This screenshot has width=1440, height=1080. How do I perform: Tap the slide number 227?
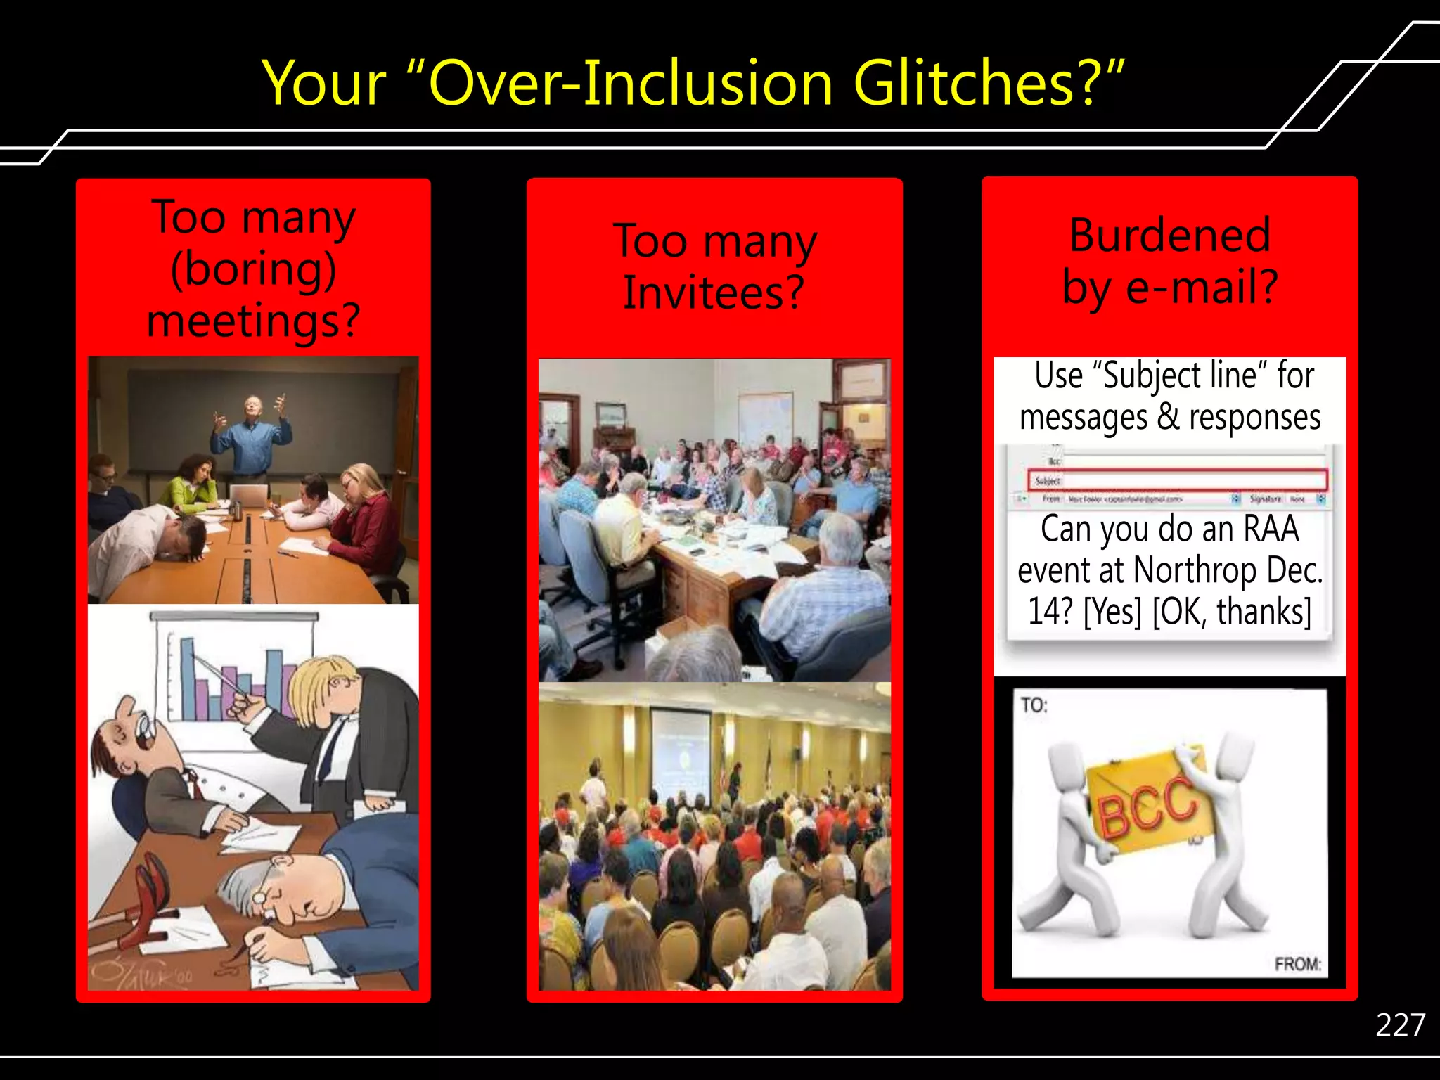pyautogui.click(x=1400, y=1024)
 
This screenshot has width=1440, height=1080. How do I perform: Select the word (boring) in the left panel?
pyautogui.click(x=253, y=269)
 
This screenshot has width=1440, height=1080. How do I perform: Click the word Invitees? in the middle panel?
pyautogui.click(x=714, y=292)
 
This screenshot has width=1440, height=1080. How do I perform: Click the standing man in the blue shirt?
pyautogui.click(x=251, y=436)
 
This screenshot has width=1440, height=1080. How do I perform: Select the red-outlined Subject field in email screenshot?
pyautogui.click(x=1178, y=480)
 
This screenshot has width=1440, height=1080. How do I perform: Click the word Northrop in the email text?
pyautogui.click(x=1195, y=570)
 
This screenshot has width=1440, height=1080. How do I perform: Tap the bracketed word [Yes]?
pyautogui.click(x=1112, y=611)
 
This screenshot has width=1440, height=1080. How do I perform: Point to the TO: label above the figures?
pyautogui.click(x=1034, y=705)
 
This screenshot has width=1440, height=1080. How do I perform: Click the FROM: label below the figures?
pyautogui.click(x=1297, y=963)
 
